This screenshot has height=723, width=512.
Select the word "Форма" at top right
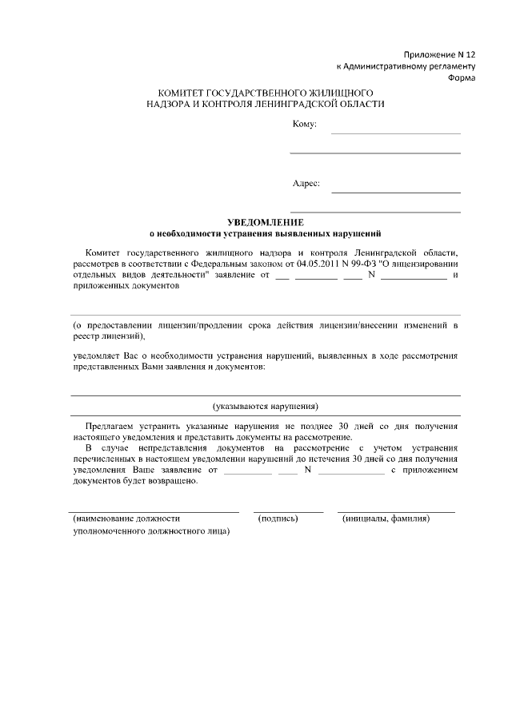(462, 78)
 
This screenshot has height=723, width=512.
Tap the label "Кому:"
(305, 124)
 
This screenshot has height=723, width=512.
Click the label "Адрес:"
(306, 183)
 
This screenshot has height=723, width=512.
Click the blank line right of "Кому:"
(396, 133)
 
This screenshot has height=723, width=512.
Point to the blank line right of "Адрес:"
(396, 193)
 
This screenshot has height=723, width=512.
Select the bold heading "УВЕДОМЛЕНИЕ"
(265, 221)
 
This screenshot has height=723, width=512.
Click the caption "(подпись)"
(278, 518)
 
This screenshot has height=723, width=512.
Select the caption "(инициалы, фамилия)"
(386, 518)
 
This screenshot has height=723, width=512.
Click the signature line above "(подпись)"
(288, 510)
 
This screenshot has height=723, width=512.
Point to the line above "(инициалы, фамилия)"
(396, 510)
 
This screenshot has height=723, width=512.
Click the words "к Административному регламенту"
(406, 65)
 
